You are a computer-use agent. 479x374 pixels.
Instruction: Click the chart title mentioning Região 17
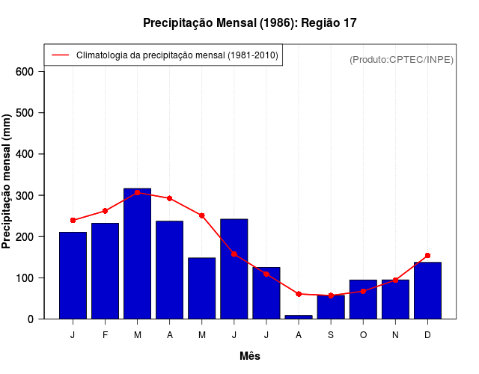pos(249,23)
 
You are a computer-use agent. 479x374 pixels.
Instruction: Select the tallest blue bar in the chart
pos(138,254)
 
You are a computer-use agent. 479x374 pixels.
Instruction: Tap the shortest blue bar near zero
pos(299,316)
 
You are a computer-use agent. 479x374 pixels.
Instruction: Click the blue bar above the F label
pos(106,271)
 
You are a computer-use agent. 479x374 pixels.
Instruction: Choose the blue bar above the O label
pos(363,299)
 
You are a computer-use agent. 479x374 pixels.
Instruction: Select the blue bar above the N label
pos(395,299)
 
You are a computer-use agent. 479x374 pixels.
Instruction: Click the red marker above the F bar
pos(106,211)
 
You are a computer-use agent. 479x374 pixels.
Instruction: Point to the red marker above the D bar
pos(427,256)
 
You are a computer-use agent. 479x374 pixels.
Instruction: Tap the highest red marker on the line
pos(138,192)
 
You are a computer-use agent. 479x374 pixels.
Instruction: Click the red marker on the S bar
pos(331,295)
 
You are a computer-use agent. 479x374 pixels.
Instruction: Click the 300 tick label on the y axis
pos(25,195)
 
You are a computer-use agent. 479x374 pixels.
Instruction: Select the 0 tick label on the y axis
pos(31,319)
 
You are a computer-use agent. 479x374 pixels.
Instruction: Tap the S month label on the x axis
pos(331,334)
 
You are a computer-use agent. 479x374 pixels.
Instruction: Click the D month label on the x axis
pos(427,334)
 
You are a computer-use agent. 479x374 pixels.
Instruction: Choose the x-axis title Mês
pos(249,356)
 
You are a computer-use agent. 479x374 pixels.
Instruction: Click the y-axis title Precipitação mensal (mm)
pos(7,181)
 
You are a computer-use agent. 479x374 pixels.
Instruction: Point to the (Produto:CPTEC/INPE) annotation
pos(401,59)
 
